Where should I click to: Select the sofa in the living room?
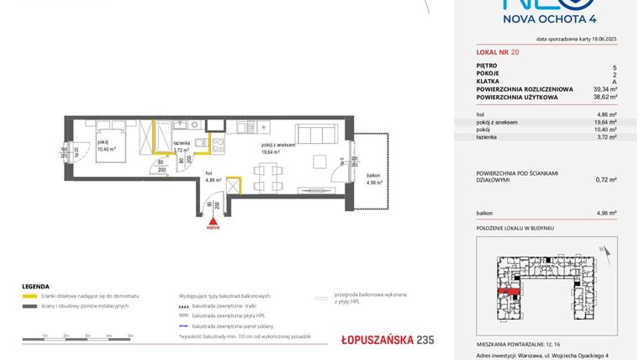click(x=314, y=135)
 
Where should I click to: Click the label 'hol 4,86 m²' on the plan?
click(x=213, y=177)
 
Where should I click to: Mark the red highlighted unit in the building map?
click(x=508, y=292)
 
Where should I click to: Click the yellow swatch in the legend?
click(x=28, y=297)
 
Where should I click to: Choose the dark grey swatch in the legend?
click(x=28, y=305)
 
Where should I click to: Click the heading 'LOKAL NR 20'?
click(x=498, y=52)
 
